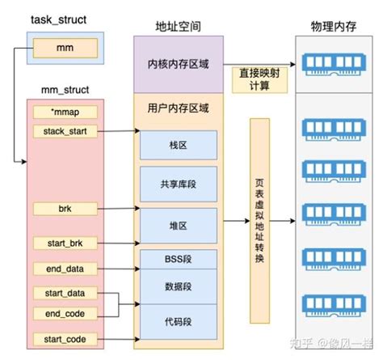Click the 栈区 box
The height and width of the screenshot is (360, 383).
(x=177, y=145)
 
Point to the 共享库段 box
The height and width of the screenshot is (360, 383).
(x=177, y=184)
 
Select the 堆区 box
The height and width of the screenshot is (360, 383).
(x=177, y=222)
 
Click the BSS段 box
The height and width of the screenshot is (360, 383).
(x=177, y=260)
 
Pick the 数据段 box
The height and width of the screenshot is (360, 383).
(x=177, y=286)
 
